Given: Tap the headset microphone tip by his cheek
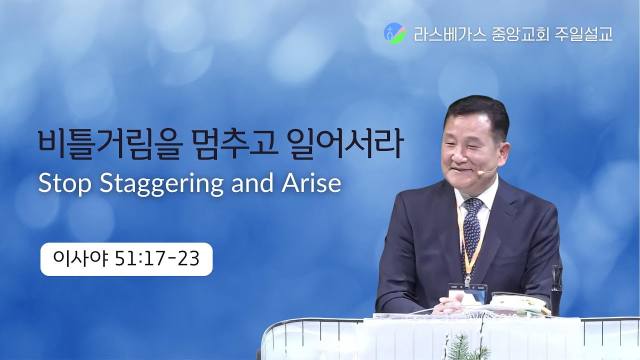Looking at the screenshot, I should tap(480, 172).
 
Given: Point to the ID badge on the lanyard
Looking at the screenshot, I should tap(468, 292).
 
